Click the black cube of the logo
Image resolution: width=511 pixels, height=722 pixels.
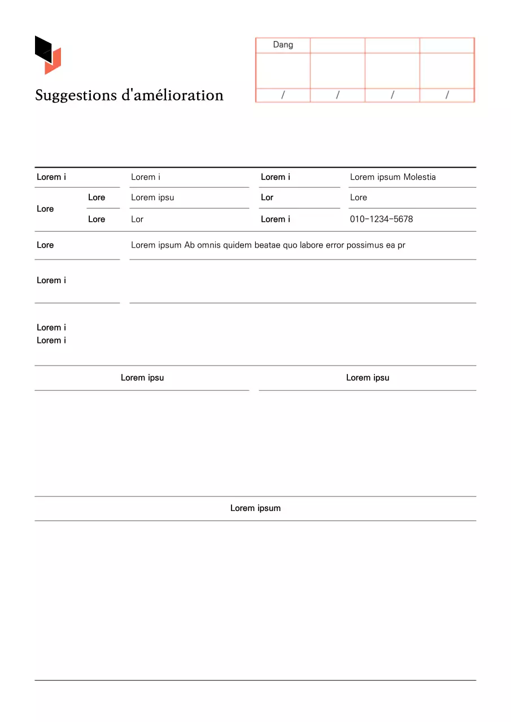(43, 48)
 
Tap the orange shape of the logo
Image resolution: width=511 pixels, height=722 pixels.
(54, 62)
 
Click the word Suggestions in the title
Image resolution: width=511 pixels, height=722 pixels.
(76, 95)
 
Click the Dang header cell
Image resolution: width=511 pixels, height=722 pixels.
(283, 45)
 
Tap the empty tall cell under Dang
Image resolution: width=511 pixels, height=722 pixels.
(283, 71)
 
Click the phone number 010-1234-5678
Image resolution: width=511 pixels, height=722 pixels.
(381, 219)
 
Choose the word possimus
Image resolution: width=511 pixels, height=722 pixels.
(365, 245)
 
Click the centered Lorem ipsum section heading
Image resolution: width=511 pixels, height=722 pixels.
(255, 508)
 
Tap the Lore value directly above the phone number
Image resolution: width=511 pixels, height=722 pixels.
(359, 198)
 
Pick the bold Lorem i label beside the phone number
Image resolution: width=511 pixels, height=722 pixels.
(276, 219)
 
